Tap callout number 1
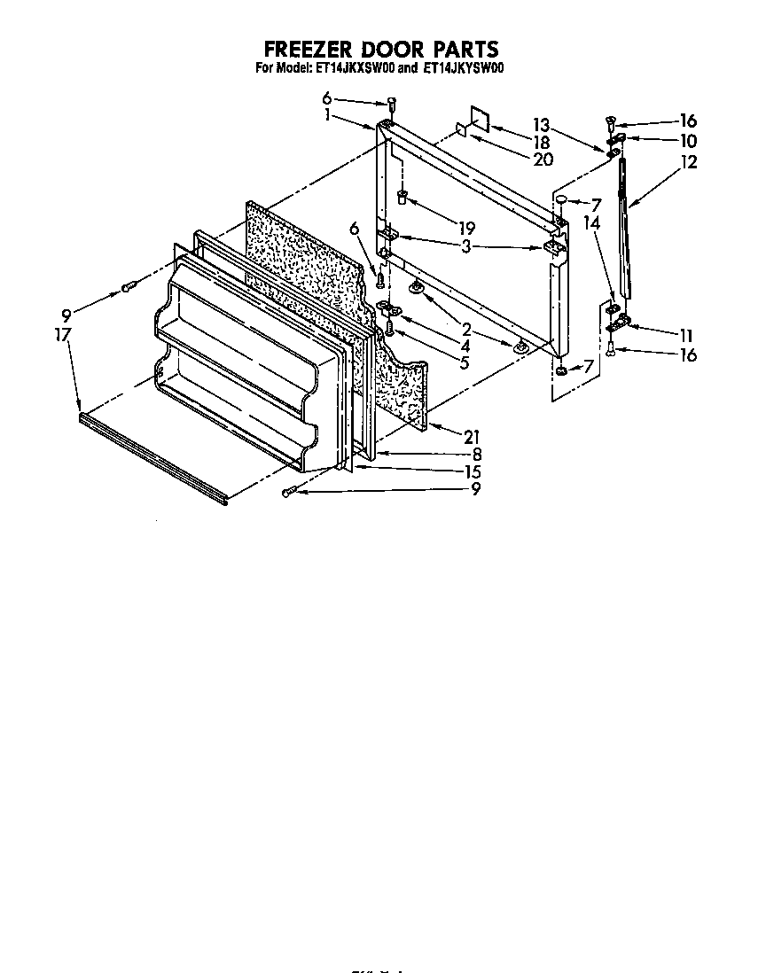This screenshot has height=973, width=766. point(327,114)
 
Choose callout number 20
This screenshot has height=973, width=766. point(543,160)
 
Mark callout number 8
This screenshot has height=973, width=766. point(477,453)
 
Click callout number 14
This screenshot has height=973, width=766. point(592,225)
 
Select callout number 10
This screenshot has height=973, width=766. point(689,141)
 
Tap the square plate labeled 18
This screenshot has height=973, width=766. point(478,121)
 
